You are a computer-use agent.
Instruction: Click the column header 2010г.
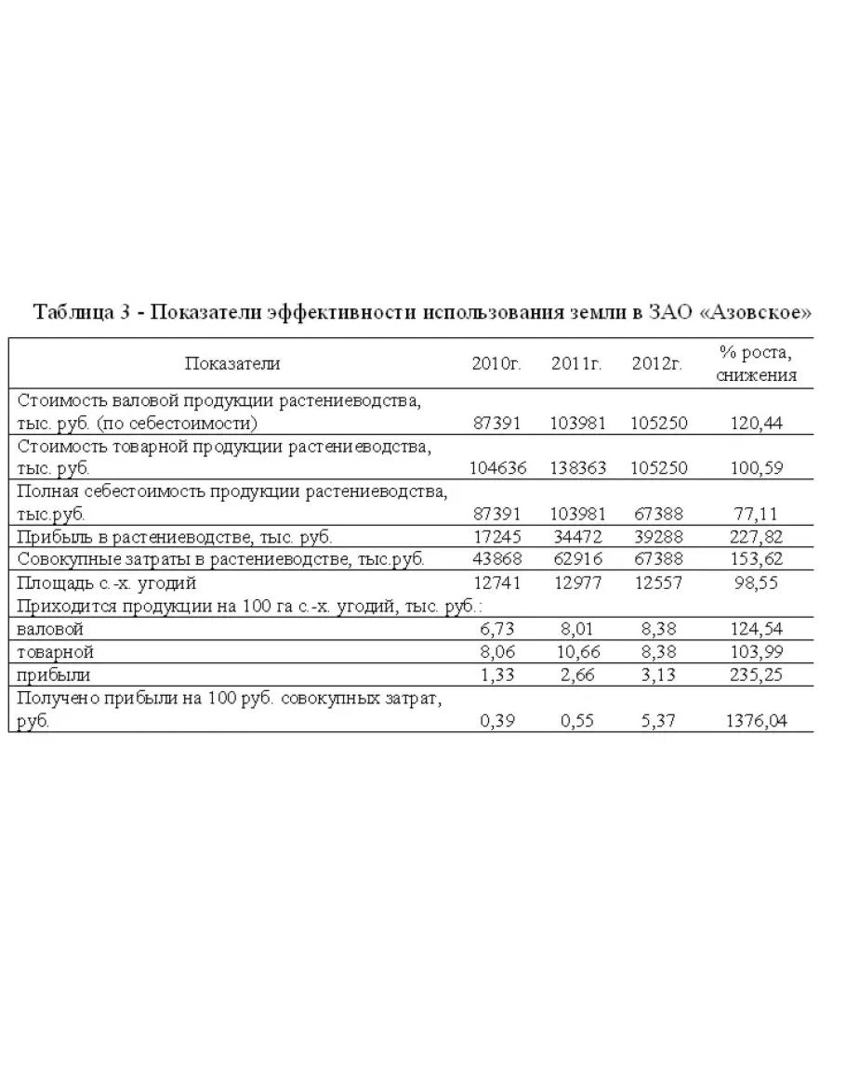coord(497,363)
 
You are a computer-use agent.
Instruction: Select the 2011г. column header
coord(577,363)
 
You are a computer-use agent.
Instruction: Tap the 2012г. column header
coord(657,363)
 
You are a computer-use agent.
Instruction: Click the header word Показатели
coord(231,363)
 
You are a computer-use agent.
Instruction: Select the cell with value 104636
coord(497,468)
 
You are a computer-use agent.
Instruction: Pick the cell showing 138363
coord(577,468)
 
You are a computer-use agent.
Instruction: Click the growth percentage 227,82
coord(757,536)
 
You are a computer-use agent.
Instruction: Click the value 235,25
coord(757,674)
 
